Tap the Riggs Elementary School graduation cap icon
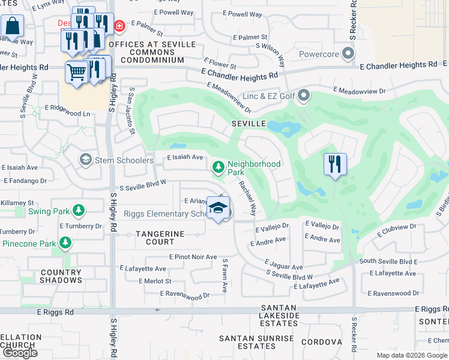[x=218, y=208]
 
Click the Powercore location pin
[x=348, y=55]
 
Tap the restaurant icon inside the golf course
[x=334, y=164]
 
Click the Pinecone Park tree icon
[x=65, y=243]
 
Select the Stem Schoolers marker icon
[x=86, y=160]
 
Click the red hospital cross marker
[x=119, y=26]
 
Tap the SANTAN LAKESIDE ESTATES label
[x=279, y=316]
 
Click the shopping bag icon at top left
[x=11, y=26]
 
